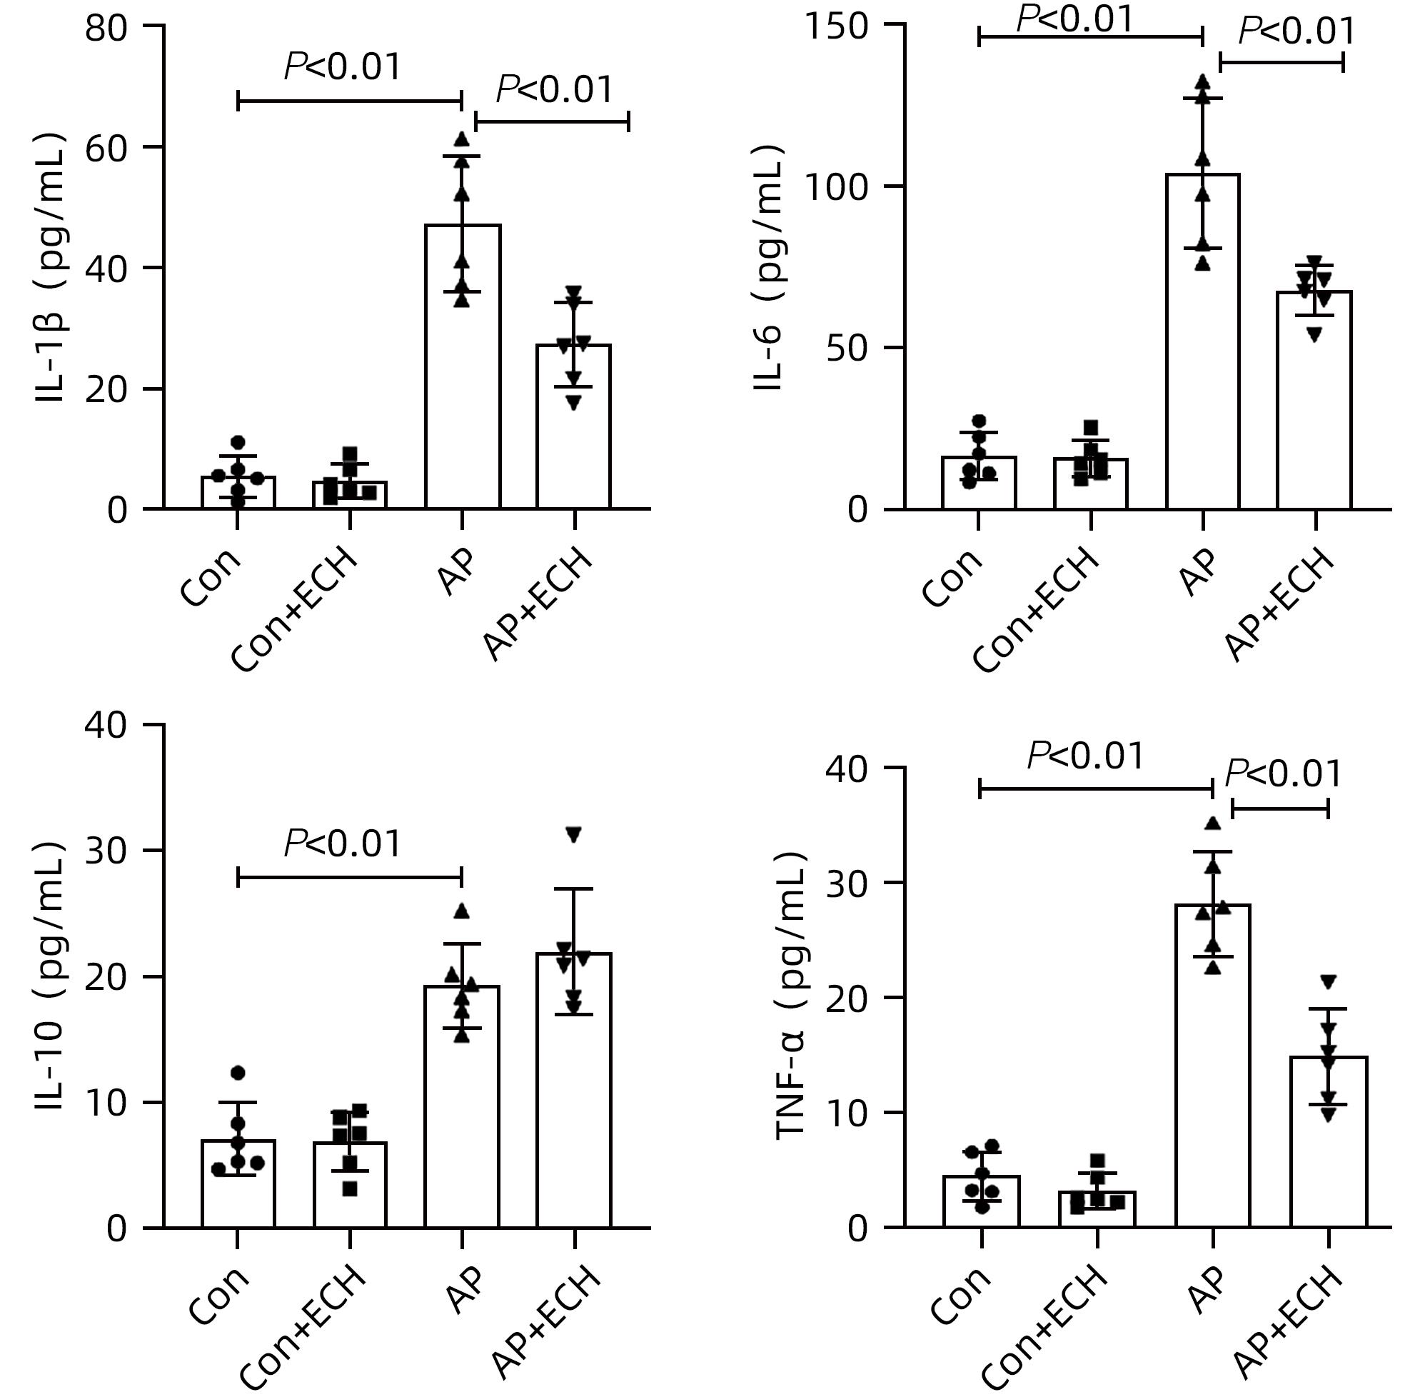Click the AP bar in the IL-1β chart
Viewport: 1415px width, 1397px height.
tap(463, 366)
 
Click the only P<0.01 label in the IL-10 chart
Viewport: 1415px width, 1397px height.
tap(343, 843)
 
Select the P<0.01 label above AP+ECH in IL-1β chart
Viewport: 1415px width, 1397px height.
tap(555, 89)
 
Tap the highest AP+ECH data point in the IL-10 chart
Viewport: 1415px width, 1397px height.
tap(574, 833)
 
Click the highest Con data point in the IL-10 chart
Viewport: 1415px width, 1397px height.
tap(238, 1073)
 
